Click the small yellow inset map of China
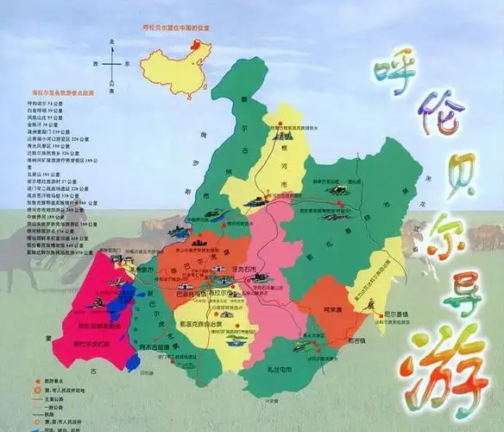pyautogui.click(x=177, y=66)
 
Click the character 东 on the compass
pyautogui.click(x=126, y=64)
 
